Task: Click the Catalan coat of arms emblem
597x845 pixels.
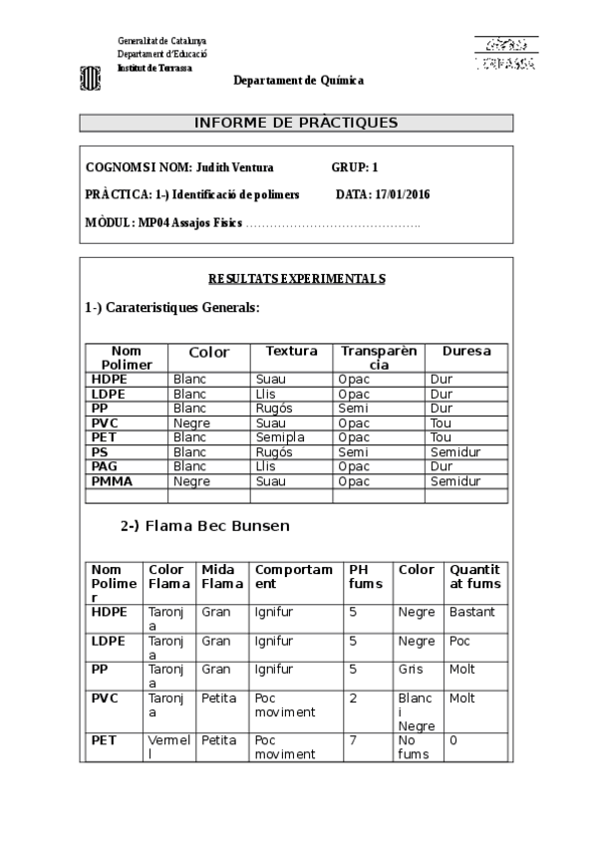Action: coord(90,78)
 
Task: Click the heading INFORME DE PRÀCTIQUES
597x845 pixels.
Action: coord(296,123)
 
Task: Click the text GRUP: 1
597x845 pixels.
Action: coord(355,167)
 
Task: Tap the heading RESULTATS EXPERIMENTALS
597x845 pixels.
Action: coord(296,279)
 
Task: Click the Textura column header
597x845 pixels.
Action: coord(291,352)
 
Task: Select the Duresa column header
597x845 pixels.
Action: coord(465,352)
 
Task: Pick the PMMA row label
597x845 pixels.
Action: coord(112,481)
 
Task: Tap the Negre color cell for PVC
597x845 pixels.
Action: coord(191,423)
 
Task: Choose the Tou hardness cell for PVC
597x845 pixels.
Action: coord(441,423)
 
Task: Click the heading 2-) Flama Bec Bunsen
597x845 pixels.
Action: coord(205,525)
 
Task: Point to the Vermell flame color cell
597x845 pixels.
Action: coord(167,747)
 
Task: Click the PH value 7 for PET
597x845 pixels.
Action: coord(353,740)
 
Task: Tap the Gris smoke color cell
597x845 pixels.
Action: coord(411,670)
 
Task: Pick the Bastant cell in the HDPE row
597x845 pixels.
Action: coord(471,612)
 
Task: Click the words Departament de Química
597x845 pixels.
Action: coord(298,80)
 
